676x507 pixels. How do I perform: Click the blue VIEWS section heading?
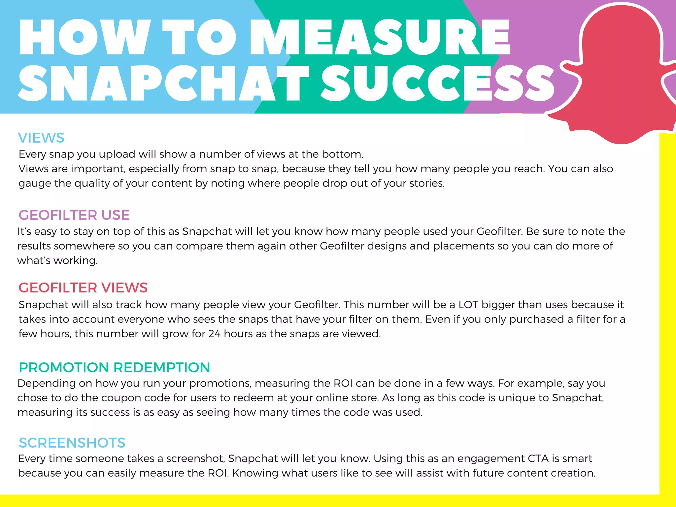[x=41, y=138]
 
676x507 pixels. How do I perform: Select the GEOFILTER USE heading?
[x=74, y=215]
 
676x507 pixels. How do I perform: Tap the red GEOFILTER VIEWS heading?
[x=83, y=288]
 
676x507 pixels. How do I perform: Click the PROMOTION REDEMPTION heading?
[x=114, y=368]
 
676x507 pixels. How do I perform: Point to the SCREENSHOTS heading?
[x=72, y=443]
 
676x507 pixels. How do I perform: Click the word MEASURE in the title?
[x=380, y=37]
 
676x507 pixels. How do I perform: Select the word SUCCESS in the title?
[x=437, y=83]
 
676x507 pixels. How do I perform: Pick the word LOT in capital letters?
[x=468, y=305]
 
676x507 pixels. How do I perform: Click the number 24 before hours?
[x=214, y=334]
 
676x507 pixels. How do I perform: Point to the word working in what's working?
[x=76, y=261]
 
